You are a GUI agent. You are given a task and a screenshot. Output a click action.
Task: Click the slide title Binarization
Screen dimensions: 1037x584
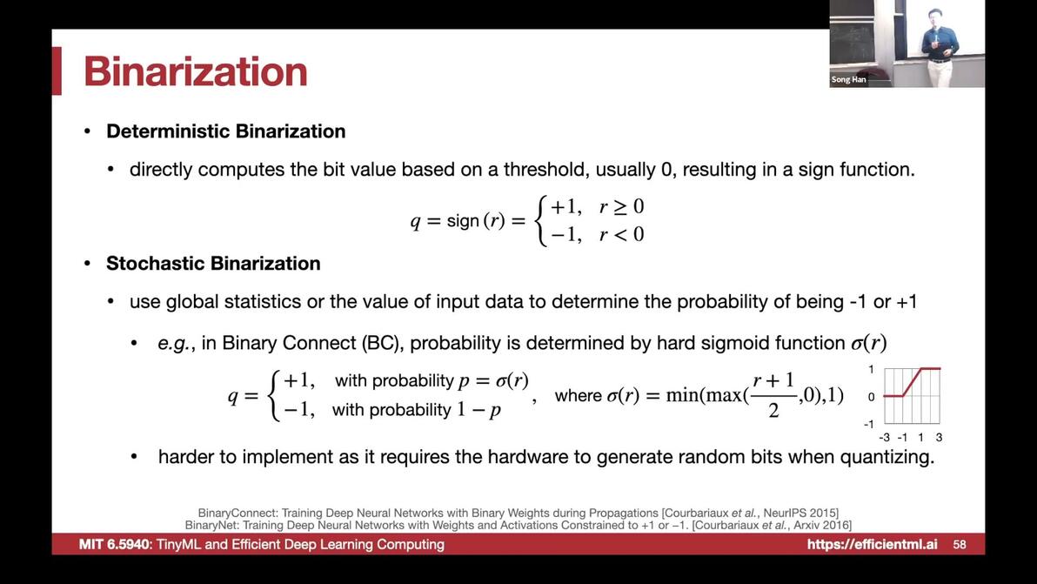click(196, 71)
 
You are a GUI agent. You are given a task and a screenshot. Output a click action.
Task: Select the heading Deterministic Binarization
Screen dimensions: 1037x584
click(225, 131)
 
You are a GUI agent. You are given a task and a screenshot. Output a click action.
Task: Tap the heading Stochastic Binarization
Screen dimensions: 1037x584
click(213, 263)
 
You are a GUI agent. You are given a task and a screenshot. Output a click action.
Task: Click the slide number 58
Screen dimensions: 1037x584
click(960, 544)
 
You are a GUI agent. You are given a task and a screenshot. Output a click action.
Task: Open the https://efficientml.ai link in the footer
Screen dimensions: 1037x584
click(872, 544)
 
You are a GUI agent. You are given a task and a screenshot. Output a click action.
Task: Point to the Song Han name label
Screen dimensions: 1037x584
click(848, 79)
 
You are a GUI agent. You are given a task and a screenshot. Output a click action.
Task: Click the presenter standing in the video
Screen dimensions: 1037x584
click(939, 46)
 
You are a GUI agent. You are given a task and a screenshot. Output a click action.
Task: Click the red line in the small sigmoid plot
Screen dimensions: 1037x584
click(912, 382)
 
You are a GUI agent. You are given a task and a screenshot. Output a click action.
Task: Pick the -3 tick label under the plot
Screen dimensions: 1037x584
click(884, 437)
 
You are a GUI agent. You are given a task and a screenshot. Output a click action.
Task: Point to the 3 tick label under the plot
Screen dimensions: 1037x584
click(939, 437)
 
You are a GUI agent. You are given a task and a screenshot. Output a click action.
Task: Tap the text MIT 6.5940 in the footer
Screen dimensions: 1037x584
click(116, 544)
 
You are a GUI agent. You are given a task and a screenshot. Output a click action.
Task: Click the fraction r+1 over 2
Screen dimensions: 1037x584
click(773, 395)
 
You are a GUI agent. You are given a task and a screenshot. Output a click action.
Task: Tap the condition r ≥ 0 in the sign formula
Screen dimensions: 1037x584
click(621, 207)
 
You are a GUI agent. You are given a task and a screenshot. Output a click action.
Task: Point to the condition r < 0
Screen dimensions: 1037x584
click(621, 234)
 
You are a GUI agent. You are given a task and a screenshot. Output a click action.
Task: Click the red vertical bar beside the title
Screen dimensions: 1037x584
click(57, 70)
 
